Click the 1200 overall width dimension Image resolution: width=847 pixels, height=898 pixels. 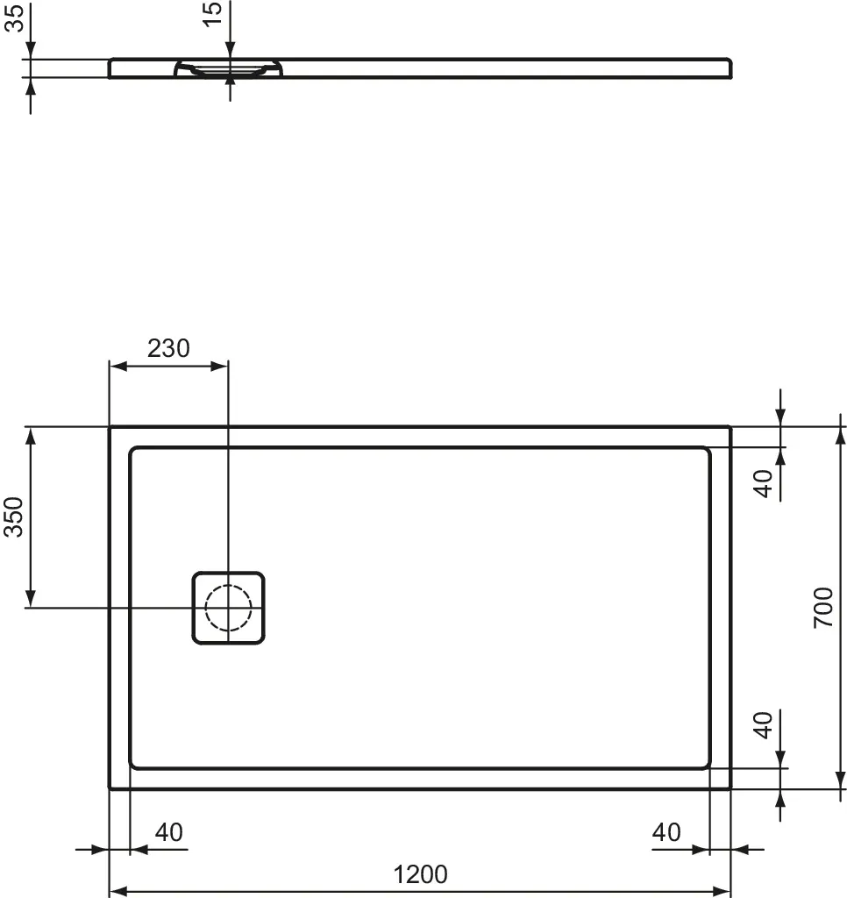420,873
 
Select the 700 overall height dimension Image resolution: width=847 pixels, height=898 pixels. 822,607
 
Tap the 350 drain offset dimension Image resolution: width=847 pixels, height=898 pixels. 15,517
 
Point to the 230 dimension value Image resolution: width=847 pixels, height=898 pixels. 167,348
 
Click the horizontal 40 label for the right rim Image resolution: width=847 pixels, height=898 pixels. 666,831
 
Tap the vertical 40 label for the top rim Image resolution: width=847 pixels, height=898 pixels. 765,483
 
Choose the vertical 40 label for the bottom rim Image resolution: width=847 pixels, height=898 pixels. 765,725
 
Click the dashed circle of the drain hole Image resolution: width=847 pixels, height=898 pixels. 228,608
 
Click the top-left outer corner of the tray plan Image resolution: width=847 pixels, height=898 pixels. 110,427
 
